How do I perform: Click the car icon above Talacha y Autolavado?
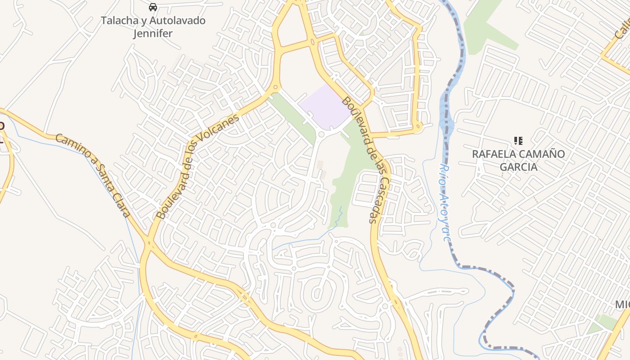click(x=153, y=7)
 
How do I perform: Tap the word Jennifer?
click(x=153, y=33)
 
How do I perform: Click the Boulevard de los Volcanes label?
click(x=198, y=167)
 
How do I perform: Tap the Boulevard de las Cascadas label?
click(x=366, y=160)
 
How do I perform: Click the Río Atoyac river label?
click(x=445, y=202)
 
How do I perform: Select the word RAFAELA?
click(x=494, y=154)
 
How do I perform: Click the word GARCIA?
click(x=519, y=167)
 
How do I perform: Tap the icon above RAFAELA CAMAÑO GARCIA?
click(x=518, y=141)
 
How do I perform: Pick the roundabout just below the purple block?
click(x=321, y=134)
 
